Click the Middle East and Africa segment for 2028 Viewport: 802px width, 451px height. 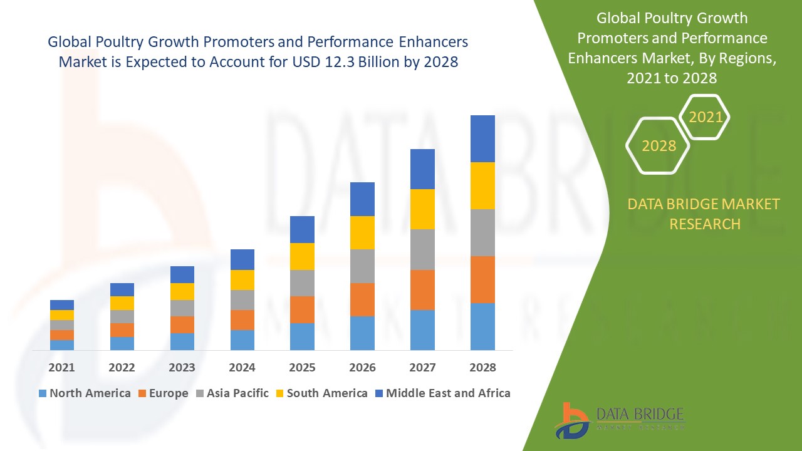482,138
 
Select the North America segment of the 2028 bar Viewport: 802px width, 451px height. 482,326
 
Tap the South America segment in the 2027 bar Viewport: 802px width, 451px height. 422,209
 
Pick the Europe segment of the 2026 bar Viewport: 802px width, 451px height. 362,299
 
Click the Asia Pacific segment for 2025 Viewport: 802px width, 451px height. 302,283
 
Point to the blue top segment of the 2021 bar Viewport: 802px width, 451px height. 62,305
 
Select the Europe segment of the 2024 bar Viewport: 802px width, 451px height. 242,319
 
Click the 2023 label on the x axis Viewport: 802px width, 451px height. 182,368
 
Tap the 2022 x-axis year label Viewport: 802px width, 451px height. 122,368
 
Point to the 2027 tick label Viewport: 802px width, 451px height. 422,368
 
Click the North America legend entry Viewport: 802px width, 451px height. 84,393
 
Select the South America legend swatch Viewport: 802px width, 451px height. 279,393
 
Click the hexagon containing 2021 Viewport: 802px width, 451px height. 705,117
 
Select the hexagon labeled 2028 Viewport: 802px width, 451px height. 658,145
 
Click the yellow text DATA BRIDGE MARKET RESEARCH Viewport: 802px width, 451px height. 704,214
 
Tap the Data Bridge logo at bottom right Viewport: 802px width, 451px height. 620,420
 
